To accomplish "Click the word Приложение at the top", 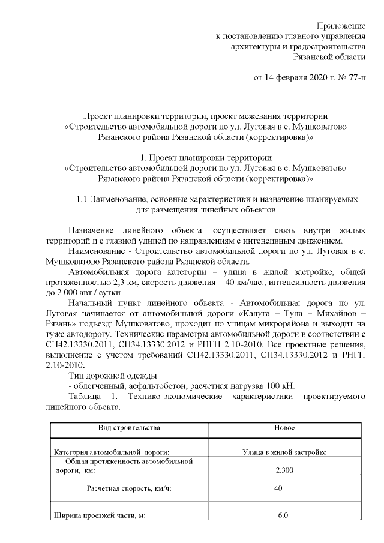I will [341, 26].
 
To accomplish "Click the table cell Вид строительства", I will [129, 428].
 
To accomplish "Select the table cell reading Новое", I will [284, 428].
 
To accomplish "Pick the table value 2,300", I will [284, 471].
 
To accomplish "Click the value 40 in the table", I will [278, 489].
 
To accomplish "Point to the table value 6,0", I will [283, 515].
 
